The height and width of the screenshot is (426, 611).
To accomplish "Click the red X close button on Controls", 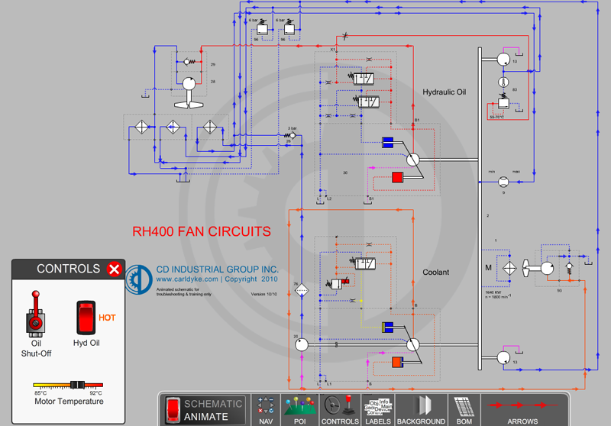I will coord(114,269).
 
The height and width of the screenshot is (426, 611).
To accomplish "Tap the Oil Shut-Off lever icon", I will coord(35,313).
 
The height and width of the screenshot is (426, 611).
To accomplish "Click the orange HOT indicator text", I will coord(107,318).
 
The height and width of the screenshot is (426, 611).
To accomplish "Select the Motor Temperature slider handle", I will coord(76,385).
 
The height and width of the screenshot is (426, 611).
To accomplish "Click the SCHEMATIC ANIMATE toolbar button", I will coord(205,409).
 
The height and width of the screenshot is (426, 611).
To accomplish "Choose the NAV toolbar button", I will coord(266,409).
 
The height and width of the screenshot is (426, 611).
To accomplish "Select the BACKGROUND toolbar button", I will coord(421,409).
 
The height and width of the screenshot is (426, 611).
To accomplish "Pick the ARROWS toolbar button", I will coord(522,409).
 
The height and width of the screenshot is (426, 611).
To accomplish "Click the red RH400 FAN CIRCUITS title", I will coord(202,231).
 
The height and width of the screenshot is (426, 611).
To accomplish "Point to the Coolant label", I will coord(436,272).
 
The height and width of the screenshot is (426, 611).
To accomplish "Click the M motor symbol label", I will coord(489,267).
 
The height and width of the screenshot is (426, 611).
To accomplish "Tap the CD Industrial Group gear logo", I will coord(135,279).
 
